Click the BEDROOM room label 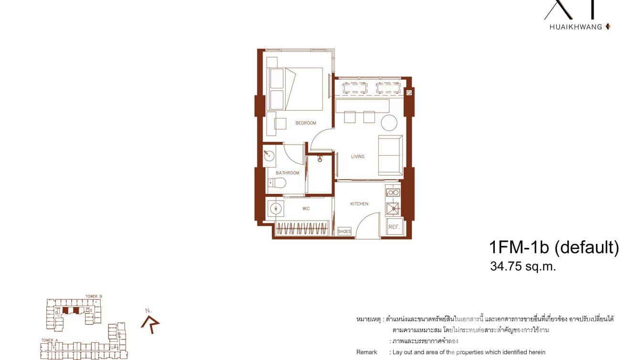point(306,123)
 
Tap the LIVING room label point(358,157)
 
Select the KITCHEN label point(359,204)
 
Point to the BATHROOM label point(288,173)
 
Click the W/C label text point(306,209)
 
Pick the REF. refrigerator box point(394,227)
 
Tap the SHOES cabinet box point(344,232)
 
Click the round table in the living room point(389,123)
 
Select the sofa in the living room point(390,155)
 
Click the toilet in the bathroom point(277,182)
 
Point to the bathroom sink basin point(269,155)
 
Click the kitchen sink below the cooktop point(393,208)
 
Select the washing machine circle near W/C point(276,209)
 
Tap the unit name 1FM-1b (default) point(554,247)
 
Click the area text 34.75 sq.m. point(523,266)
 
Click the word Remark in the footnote point(366,352)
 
